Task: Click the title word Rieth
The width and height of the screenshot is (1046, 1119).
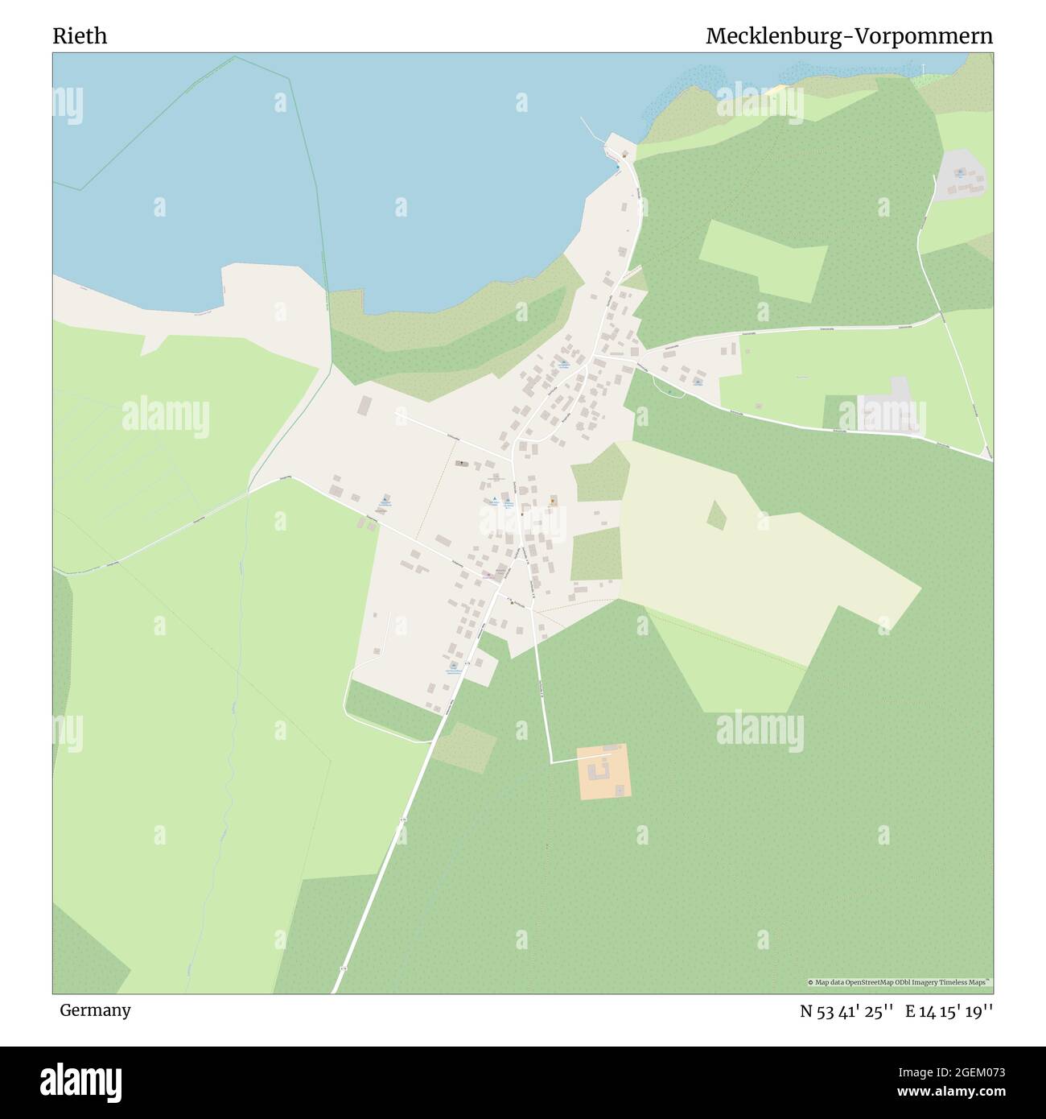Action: tap(80, 36)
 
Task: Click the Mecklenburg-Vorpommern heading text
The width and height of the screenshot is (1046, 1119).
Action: tap(849, 36)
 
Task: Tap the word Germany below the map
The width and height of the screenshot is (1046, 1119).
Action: tap(95, 1010)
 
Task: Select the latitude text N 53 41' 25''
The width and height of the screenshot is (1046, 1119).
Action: tap(847, 1011)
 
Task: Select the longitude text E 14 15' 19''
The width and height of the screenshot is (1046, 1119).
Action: tap(949, 1011)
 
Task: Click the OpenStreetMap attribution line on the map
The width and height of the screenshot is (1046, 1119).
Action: tap(899, 982)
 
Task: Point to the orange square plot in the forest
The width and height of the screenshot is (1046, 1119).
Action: tap(603, 771)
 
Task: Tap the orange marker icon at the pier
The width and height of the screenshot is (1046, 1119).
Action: tap(624, 152)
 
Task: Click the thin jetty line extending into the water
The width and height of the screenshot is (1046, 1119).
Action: tap(591, 130)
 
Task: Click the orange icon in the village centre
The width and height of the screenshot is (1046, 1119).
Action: tap(552, 501)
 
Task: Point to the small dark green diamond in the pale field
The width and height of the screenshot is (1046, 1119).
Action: tap(716, 515)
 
